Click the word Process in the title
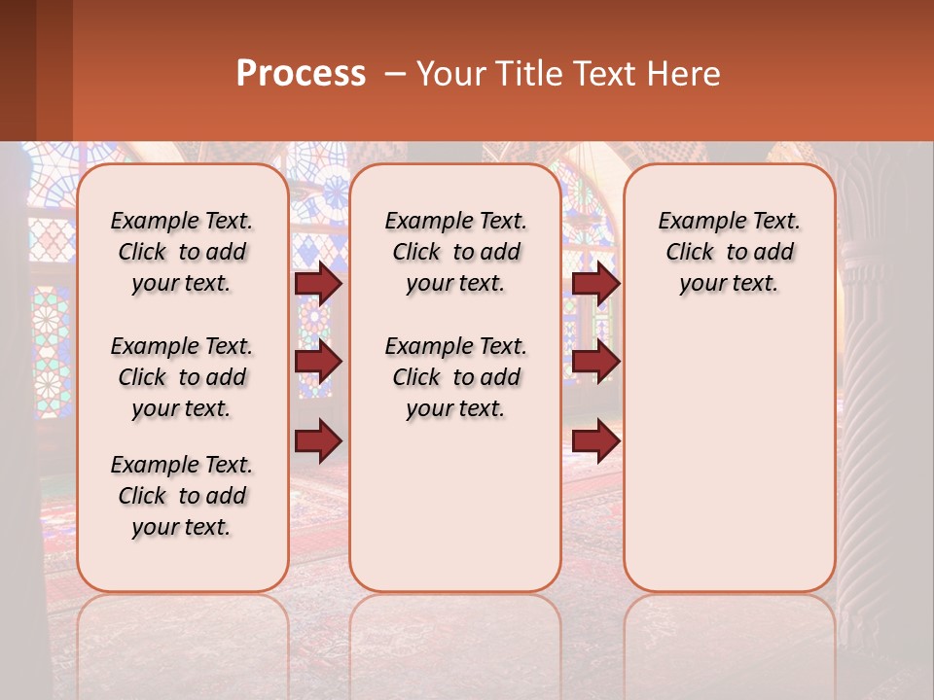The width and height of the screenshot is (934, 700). tap(301, 74)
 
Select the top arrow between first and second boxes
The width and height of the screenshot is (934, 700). tap(318, 283)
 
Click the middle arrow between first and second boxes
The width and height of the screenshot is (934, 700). tap(318, 362)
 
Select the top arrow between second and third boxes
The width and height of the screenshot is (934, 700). tap(595, 283)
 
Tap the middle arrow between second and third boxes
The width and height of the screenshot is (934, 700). tap(595, 362)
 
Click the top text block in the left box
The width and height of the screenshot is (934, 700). tap(182, 252)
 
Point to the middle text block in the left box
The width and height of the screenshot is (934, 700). tap(182, 377)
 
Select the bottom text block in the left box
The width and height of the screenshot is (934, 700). tap(182, 496)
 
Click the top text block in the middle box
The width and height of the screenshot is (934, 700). tap(456, 252)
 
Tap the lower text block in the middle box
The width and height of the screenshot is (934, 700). tap(456, 377)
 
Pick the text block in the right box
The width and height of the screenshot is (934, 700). tap(730, 252)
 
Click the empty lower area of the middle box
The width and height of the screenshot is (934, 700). tap(455, 506)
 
